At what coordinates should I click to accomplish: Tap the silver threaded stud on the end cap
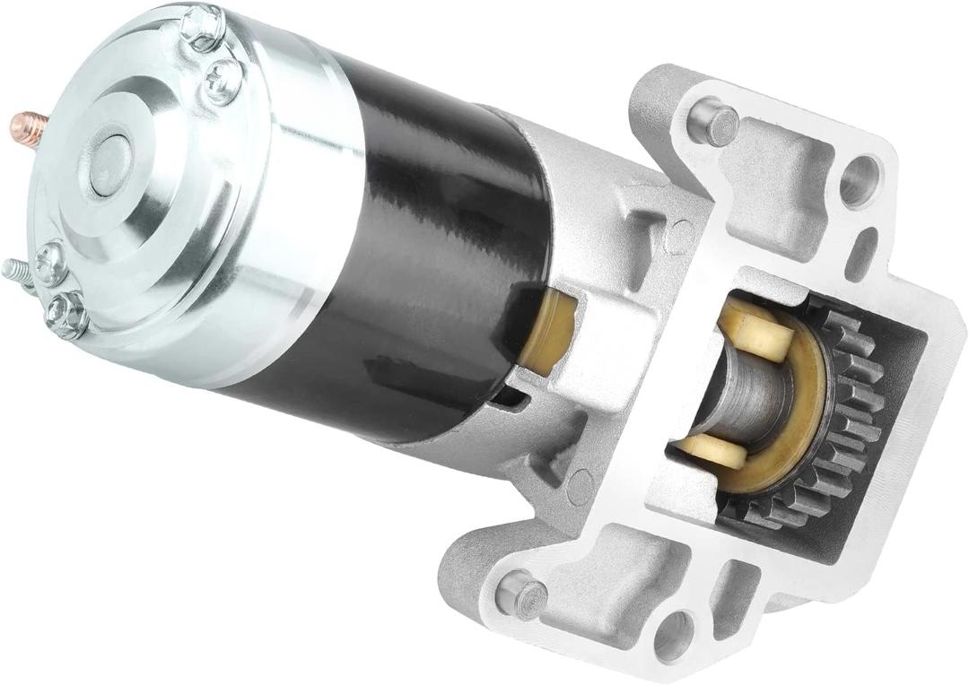coord(16,270)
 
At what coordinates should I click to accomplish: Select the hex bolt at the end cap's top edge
coord(202,27)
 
